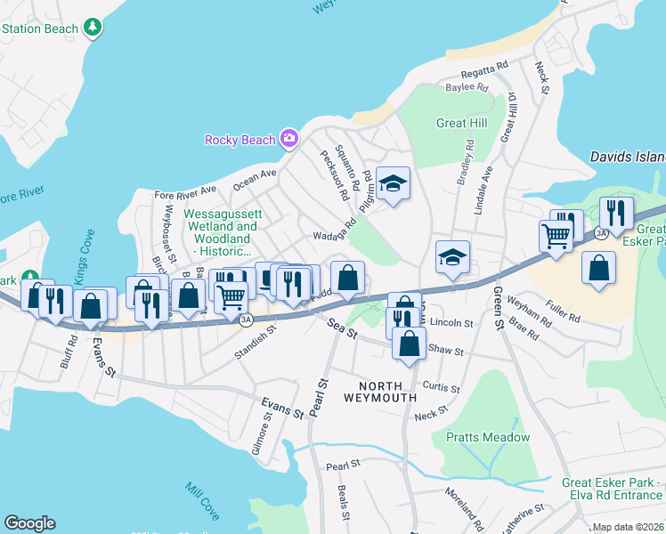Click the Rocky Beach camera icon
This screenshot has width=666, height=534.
click(x=288, y=138)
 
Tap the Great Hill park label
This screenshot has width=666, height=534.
click(x=459, y=124)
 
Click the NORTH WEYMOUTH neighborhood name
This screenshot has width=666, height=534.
click(x=386, y=392)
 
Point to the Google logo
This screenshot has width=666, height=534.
click(x=29, y=523)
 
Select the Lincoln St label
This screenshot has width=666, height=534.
click(x=450, y=322)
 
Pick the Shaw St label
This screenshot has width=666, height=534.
click(x=446, y=352)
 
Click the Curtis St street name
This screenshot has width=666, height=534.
click(x=442, y=388)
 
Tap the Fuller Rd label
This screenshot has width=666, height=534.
click(x=563, y=311)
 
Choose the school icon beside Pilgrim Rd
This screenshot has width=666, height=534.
click(x=393, y=185)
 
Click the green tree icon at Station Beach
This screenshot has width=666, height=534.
click(x=93, y=28)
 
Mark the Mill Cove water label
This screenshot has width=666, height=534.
click(x=203, y=502)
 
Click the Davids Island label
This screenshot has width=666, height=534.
click(x=628, y=157)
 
